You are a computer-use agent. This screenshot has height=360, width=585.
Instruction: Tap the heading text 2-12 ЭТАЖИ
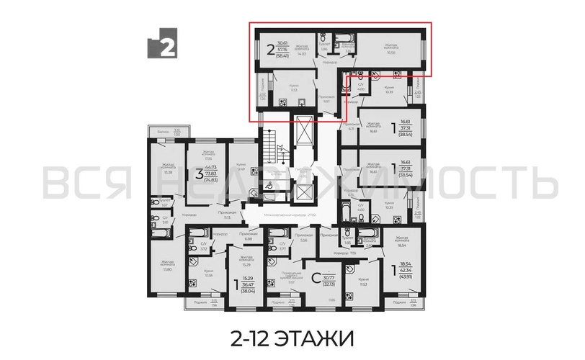pyautogui.click(x=292, y=337)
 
